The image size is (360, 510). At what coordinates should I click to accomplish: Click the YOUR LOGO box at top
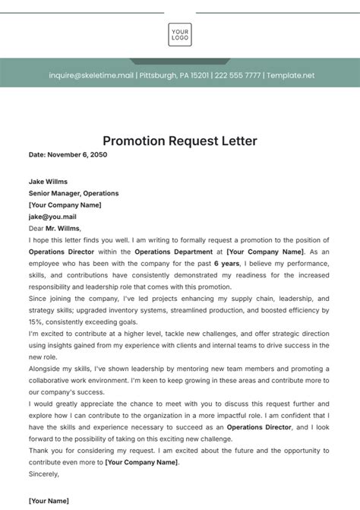pyautogui.click(x=180, y=35)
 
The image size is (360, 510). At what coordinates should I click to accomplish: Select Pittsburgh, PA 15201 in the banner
pyautogui.click(x=174, y=76)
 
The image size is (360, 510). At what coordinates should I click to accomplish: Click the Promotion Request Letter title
pyautogui.click(x=180, y=141)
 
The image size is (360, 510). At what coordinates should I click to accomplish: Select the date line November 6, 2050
pyautogui.click(x=68, y=154)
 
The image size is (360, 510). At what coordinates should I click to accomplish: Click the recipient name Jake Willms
pyautogui.click(x=49, y=182)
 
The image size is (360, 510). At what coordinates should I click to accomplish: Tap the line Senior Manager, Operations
pyautogui.click(x=73, y=193)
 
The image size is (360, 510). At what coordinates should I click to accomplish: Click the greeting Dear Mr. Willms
pyautogui.click(x=54, y=227)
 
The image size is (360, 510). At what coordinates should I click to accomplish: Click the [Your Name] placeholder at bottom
pyautogui.click(x=49, y=501)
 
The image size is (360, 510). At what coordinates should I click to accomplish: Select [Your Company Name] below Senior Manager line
pyautogui.click(x=65, y=204)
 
